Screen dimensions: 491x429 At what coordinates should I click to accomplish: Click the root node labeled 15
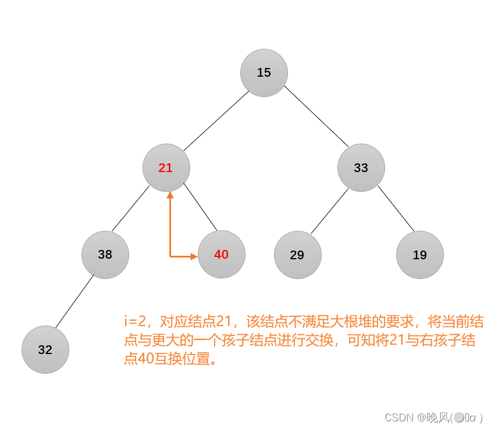264,73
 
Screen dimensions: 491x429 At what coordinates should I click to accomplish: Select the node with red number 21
166,168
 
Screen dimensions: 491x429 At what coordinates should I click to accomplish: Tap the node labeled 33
361,168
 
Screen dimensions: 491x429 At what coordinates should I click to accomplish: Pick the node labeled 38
105,255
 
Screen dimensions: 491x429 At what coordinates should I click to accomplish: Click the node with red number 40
221,255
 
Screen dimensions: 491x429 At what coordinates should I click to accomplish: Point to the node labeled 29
297,255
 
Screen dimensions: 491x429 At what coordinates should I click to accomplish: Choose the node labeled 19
419,255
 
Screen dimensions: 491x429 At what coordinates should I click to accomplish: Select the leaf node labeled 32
45,350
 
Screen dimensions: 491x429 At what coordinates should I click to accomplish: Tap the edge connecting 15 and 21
215,120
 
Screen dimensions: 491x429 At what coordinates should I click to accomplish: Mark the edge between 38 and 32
74,303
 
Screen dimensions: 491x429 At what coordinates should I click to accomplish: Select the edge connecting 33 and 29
330,210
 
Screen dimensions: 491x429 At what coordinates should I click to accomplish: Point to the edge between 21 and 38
131,209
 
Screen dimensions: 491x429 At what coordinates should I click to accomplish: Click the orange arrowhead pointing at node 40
194,256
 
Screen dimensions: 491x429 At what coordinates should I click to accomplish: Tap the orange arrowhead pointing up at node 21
170,195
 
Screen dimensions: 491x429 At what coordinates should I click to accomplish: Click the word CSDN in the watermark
399,417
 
